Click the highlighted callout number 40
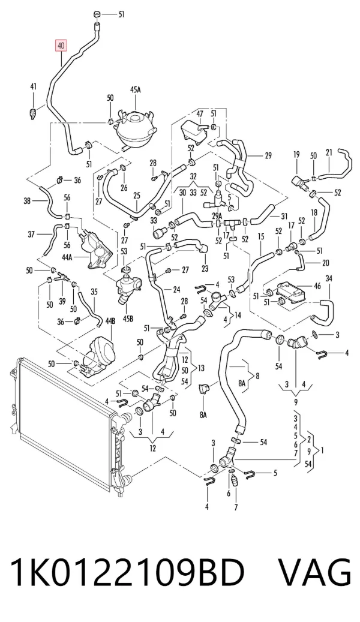click(x=61, y=46)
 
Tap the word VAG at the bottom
click(x=314, y=573)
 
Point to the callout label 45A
click(x=136, y=89)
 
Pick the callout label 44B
click(x=110, y=321)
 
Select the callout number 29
click(x=268, y=155)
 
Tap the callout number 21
click(x=329, y=152)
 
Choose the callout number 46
click(x=317, y=286)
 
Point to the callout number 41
click(x=34, y=86)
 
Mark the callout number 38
click(x=27, y=201)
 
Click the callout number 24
click(x=176, y=290)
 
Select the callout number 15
click(x=261, y=237)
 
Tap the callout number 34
click(x=329, y=279)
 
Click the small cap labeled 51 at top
click(x=97, y=15)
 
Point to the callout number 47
click(x=200, y=114)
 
